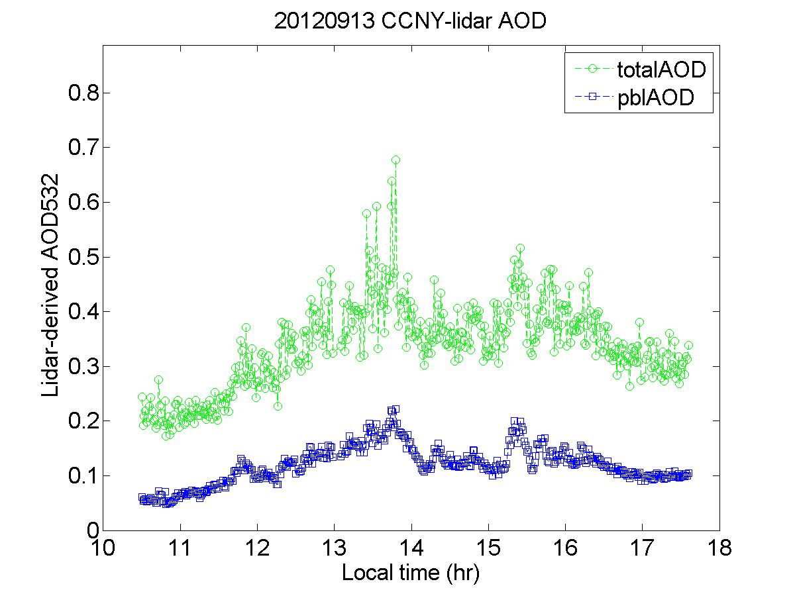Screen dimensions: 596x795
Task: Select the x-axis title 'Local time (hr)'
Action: [x=410, y=572]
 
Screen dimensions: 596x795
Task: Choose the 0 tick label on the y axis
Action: [x=91, y=530]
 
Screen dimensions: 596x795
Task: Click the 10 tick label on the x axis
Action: [x=103, y=549]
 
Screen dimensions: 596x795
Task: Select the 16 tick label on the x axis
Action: [x=565, y=549]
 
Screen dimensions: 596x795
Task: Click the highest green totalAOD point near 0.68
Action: [x=396, y=160]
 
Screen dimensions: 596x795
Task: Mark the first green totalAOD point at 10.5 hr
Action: [x=142, y=397]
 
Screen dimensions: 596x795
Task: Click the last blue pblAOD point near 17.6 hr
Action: [x=688, y=474]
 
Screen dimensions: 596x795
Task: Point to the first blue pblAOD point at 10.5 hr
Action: [x=142, y=497]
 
